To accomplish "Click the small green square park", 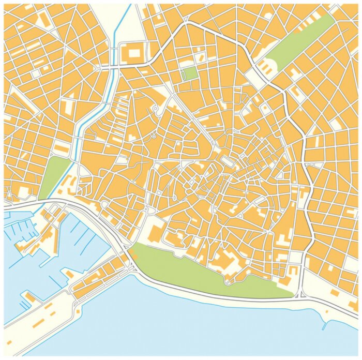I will [190, 73].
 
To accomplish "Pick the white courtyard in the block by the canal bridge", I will [134, 52].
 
